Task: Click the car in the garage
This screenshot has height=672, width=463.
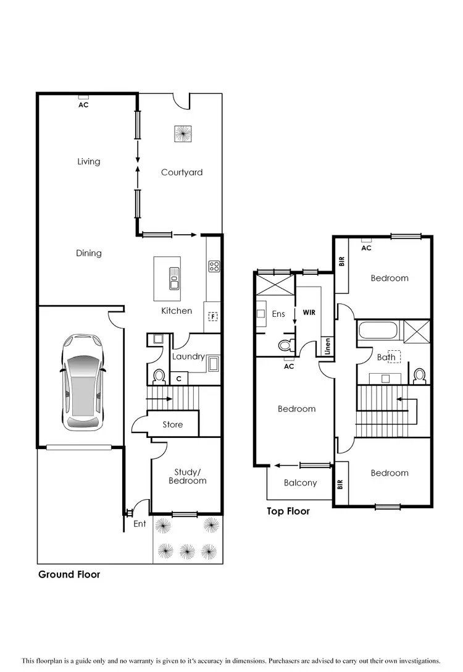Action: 83,382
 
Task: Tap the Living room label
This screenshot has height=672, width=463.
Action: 88,162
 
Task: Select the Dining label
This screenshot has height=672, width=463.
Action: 89,253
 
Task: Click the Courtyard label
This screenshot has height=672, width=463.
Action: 181,172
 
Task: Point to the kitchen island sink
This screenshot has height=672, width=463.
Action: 175,282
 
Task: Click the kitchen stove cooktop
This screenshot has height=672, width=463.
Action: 214,266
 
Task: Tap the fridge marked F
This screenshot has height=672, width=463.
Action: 213,317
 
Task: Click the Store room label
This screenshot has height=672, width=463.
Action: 173,424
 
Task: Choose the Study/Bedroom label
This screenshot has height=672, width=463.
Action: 187,476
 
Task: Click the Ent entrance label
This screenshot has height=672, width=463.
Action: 140,524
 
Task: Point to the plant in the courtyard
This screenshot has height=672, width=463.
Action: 183,133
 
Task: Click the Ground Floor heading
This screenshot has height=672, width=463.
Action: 69,574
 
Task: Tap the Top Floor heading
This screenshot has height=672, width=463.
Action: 288,511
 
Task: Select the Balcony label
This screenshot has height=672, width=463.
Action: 300,483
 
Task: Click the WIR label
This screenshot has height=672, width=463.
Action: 309,313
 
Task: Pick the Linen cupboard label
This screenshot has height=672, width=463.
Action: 328,347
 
